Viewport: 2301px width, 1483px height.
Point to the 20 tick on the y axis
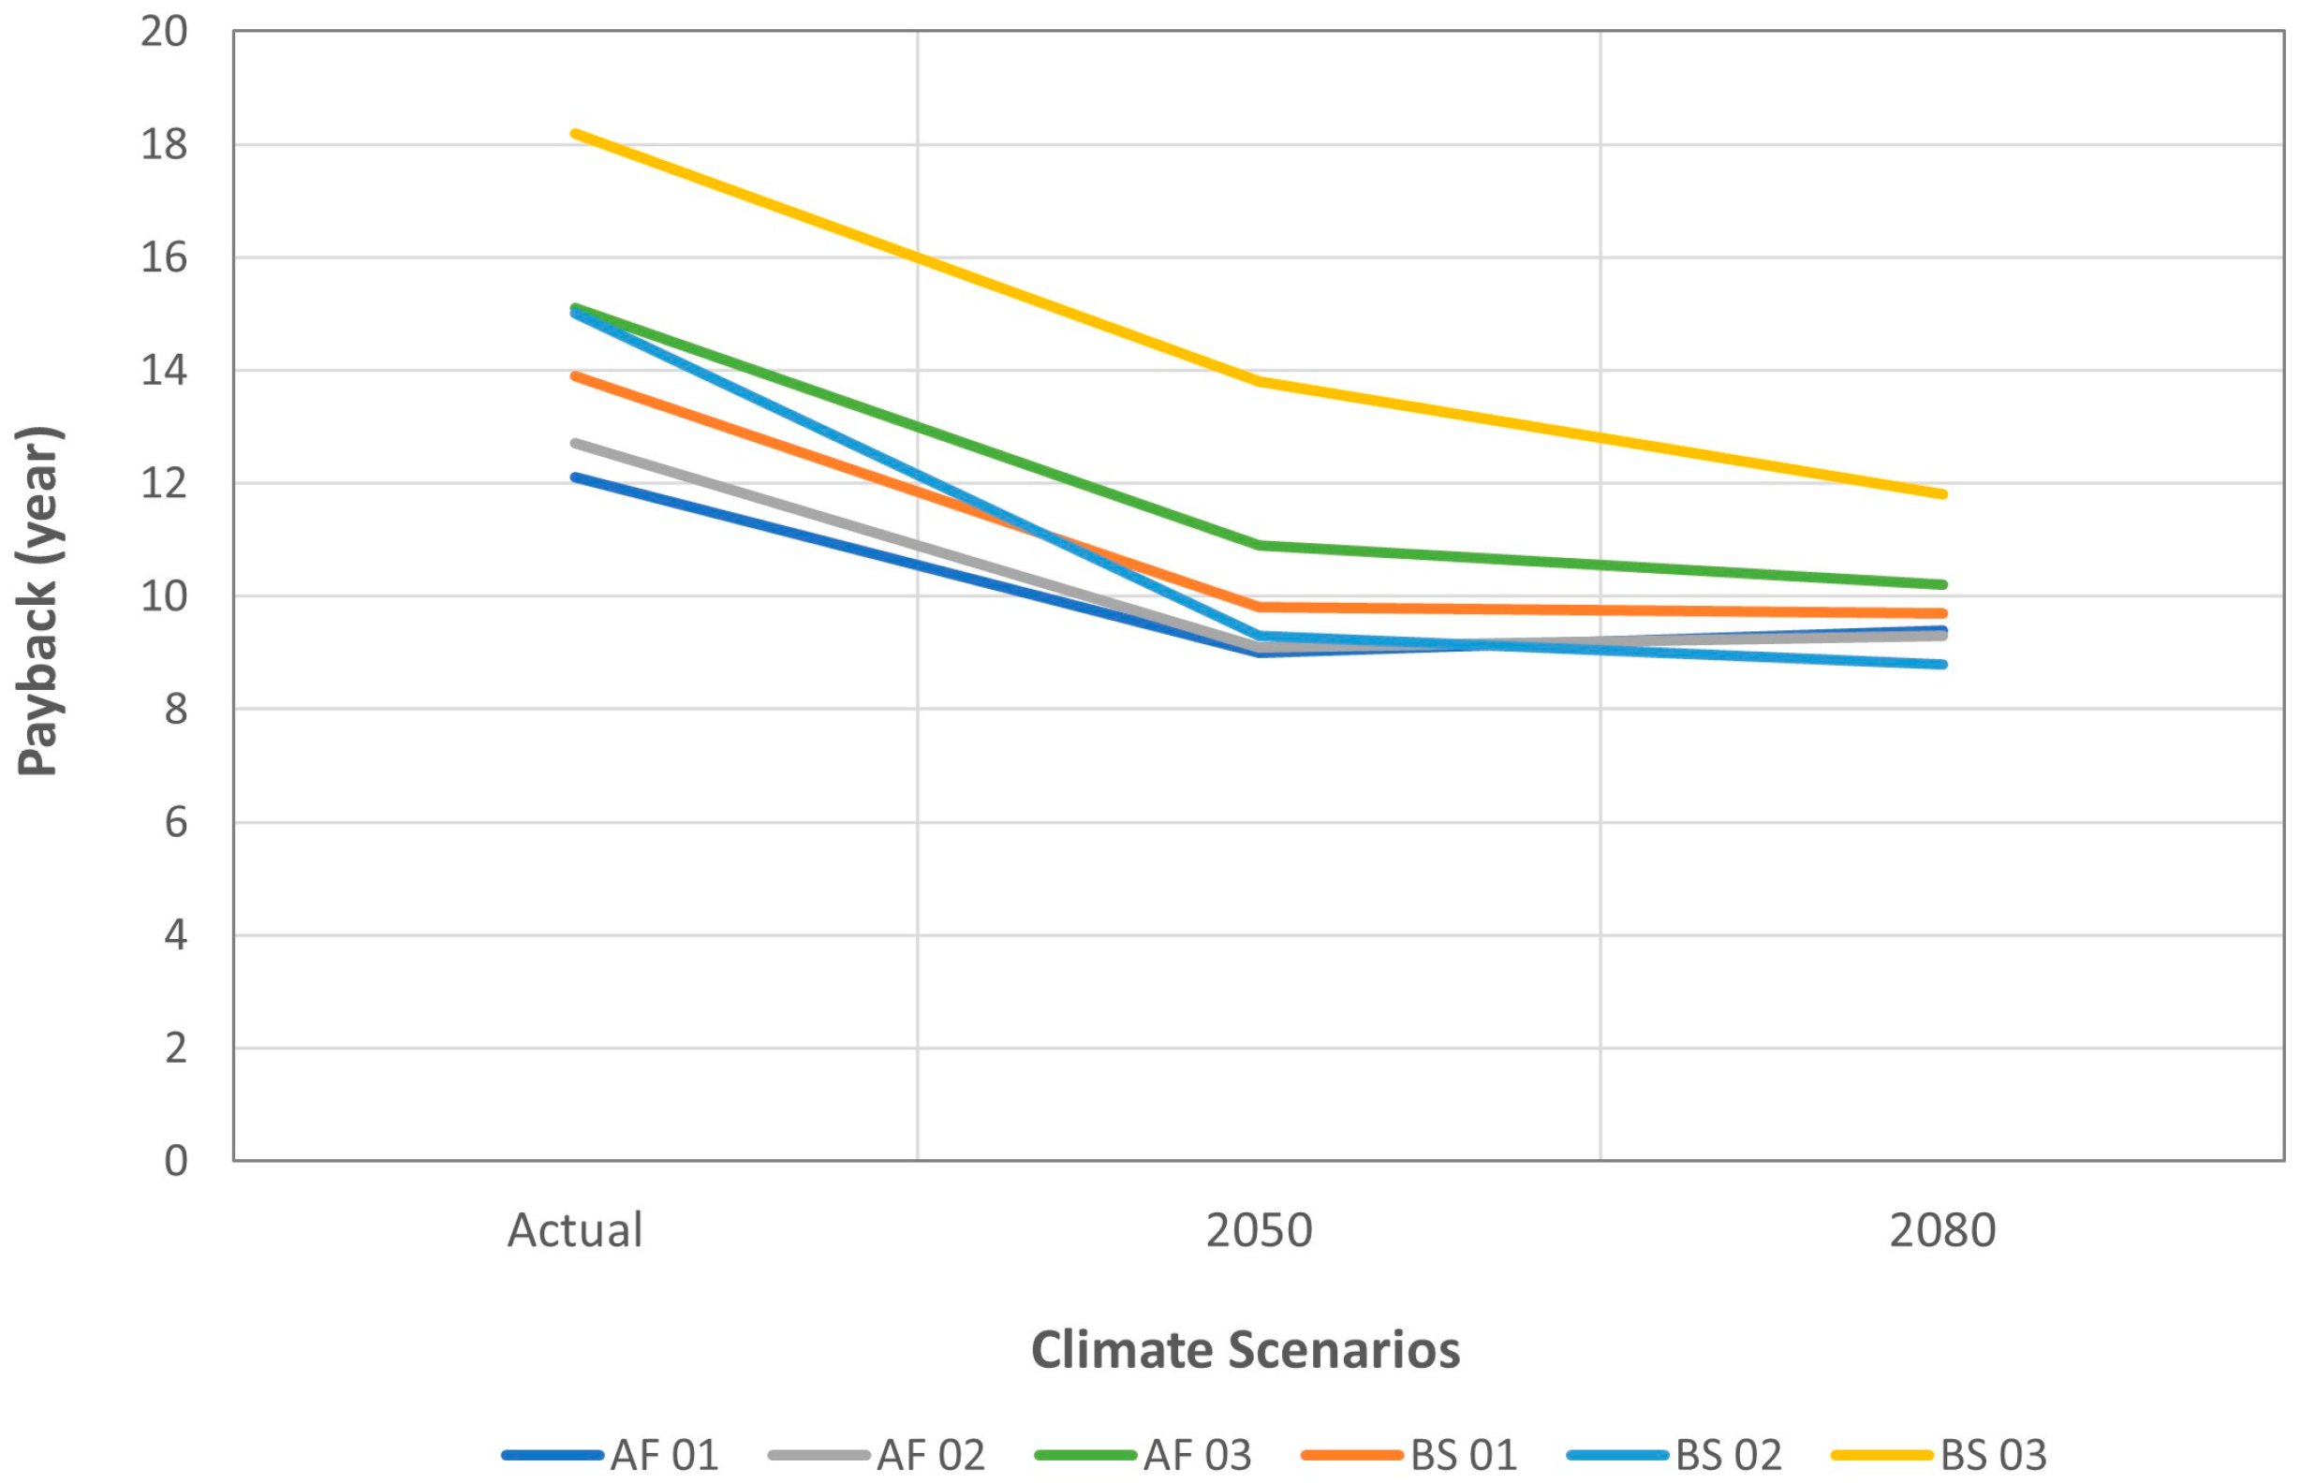tap(164, 32)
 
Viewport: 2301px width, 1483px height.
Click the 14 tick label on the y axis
tap(164, 371)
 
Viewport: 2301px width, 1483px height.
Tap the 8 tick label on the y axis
tap(175, 710)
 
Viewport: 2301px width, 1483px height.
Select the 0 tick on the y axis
tap(175, 1161)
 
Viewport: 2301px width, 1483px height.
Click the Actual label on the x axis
tap(575, 1231)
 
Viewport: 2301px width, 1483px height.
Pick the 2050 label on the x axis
tap(1259, 1231)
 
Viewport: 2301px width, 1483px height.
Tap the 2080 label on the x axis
tap(1941, 1231)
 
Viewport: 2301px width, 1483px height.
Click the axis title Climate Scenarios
tap(1246, 1350)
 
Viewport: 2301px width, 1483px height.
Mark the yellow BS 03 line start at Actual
tap(576, 134)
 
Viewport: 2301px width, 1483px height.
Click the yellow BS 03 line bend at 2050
tap(1259, 381)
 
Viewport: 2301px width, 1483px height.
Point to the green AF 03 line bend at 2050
tap(1259, 545)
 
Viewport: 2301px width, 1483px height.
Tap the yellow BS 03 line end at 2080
tap(1941, 494)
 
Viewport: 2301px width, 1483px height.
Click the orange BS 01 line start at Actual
tap(576, 375)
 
